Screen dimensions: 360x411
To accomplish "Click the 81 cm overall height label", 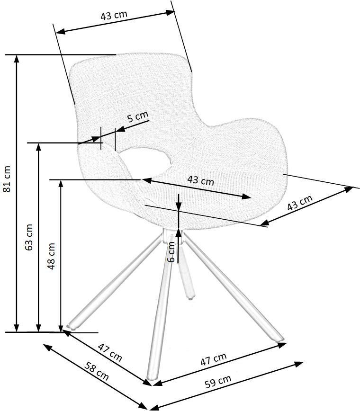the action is (7, 179).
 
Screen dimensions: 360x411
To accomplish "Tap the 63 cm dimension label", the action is (29, 237).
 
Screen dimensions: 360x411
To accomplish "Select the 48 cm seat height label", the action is (51, 256).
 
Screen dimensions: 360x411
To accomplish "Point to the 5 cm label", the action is (138, 116).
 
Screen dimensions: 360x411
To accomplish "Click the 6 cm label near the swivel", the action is (171, 252).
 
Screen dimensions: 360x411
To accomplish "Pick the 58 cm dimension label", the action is (96, 371).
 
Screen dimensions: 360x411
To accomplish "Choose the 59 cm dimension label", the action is (218, 381).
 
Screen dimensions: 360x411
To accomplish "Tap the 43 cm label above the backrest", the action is (114, 15).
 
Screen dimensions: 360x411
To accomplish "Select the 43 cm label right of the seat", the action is (300, 203).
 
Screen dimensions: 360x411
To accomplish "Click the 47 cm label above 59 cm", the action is (214, 359).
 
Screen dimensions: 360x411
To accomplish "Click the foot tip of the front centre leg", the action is (151, 378).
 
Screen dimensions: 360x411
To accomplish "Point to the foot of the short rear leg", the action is (190, 296).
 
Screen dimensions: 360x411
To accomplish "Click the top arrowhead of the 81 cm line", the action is (17, 59).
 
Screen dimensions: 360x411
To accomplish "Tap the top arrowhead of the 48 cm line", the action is (61, 184).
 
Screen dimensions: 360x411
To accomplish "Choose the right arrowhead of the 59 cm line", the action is (299, 364).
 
